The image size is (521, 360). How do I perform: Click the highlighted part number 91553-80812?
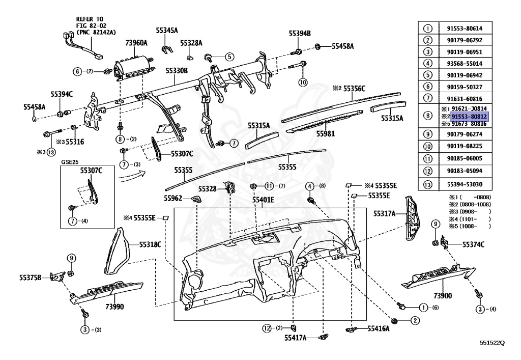[469, 116]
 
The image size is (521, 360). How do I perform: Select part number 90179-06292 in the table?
[464, 40]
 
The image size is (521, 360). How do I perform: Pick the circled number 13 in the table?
[428, 184]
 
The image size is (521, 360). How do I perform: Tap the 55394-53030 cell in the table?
[464, 184]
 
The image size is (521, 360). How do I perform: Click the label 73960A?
[136, 43]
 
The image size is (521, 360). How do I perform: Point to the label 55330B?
[177, 70]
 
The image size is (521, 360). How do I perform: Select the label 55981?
[325, 133]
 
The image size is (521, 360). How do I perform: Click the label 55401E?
[263, 200]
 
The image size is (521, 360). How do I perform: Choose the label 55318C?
[150, 244]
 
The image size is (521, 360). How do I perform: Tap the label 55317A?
[385, 213]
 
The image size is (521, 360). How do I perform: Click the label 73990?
[114, 307]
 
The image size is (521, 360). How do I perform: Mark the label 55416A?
[379, 328]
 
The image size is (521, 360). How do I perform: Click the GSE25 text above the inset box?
[70, 162]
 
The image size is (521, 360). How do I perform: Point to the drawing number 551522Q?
[492, 343]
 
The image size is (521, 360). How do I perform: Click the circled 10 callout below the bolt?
[303, 82]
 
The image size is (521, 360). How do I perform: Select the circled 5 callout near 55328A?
[229, 57]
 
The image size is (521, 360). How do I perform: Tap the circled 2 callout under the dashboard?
[415, 320]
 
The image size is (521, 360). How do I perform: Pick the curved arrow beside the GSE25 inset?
[132, 176]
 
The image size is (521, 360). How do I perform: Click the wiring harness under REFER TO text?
[83, 46]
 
